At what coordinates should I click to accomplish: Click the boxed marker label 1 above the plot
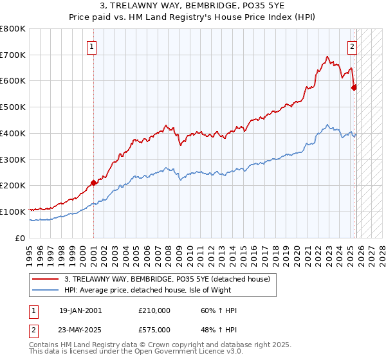(x=93, y=46)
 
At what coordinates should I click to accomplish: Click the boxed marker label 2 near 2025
(x=353, y=46)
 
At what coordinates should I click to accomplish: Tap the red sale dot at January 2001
(x=93, y=183)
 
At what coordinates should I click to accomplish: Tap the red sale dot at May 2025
(x=354, y=87)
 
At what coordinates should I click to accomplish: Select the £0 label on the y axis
(x=21, y=238)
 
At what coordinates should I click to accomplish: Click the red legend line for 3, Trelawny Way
(x=46, y=278)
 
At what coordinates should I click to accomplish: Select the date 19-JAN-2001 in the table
(x=80, y=311)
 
